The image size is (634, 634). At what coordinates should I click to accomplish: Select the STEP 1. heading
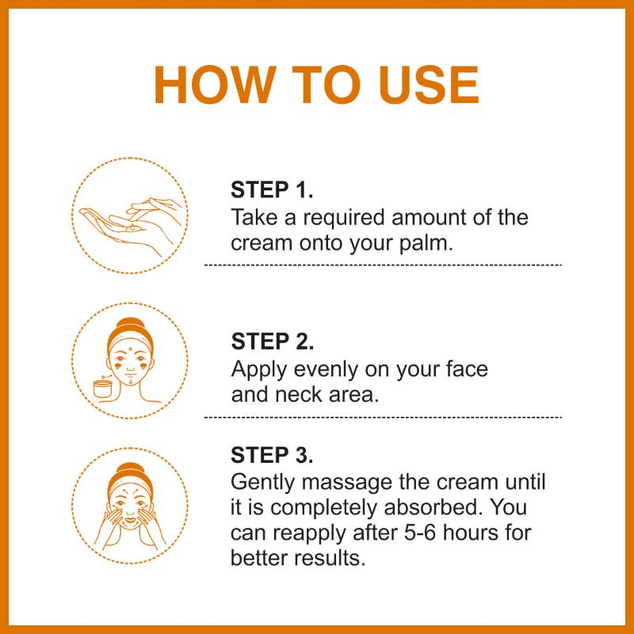coord(272,189)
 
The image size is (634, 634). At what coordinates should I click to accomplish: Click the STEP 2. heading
coord(272,342)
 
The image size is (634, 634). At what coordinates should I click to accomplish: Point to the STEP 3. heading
coord(272,455)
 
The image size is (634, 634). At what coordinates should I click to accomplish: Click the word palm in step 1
coord(426,244)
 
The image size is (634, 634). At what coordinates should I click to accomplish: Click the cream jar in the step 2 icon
coord(103,388)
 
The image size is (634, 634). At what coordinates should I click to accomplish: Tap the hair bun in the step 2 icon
coord(129,324)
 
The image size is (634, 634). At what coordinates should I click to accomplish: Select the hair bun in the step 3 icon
coord(129,470)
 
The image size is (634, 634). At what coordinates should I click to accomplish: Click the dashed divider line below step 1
coord(383,265)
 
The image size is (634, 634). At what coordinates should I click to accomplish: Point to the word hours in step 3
coord(467,533)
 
